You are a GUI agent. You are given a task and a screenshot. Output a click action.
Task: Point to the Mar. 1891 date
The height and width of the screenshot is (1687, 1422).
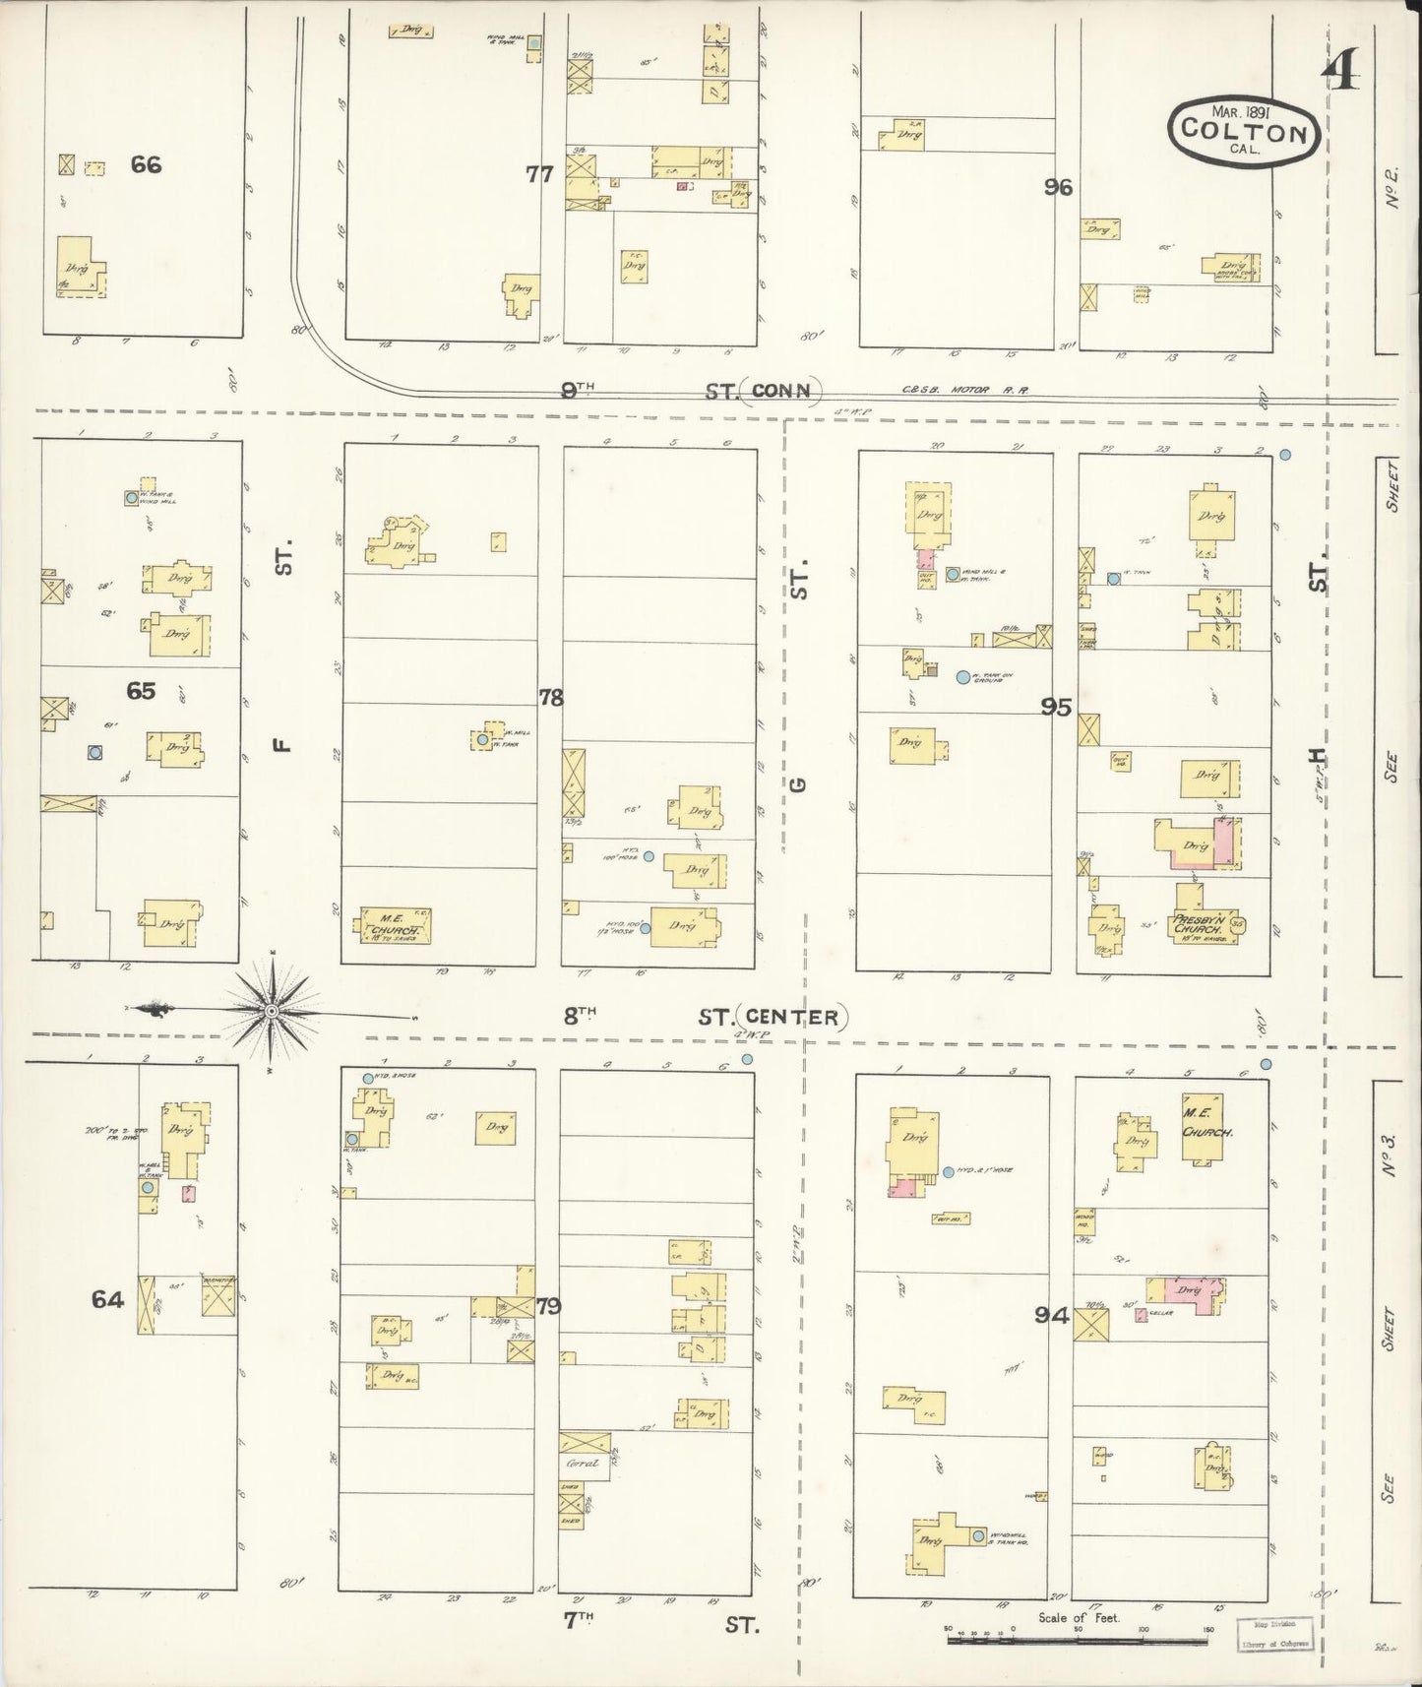pyautogui.click(x=1242, y=111)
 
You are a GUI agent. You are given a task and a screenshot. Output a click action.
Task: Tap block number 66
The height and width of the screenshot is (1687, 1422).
pyautogui.click(x=146, y=164)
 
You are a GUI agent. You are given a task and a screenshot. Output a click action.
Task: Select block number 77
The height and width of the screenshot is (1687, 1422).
pyautogui.click(x=539, y=174)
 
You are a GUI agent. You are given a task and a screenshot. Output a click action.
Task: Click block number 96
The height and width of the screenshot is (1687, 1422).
pyautogui.click(x=1058, y=186)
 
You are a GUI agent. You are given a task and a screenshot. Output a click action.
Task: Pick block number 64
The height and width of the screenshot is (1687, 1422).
pyautogui.click(x=107, y=1299)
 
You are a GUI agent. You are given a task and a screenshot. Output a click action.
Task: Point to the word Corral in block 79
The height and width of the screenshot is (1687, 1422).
pyautogui.click(x=583, y=1463)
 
